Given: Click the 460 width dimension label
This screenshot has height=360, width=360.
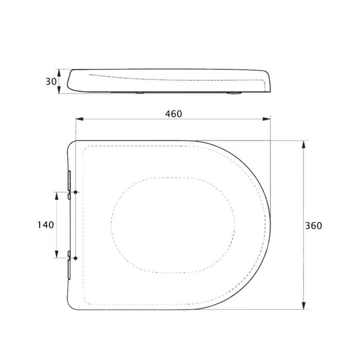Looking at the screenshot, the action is click(x=174, y=114).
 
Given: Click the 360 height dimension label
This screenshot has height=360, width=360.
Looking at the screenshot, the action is click(x=314, y=226).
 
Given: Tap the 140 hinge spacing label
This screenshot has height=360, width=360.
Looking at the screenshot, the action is click(x=46, y=225).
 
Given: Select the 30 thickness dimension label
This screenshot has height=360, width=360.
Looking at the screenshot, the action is click(x=51, y=82).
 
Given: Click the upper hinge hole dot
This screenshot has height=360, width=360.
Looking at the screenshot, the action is click(x=75, y=192).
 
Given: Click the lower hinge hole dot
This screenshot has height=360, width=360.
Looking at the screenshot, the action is click(x=75, y=258).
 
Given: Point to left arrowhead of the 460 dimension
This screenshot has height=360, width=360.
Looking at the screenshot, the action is click(x=79, y=119).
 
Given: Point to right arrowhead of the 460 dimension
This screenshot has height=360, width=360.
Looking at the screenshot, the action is click(x=266, y=119).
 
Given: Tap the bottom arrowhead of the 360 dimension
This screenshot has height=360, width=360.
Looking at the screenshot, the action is click(x=304, y=306).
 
